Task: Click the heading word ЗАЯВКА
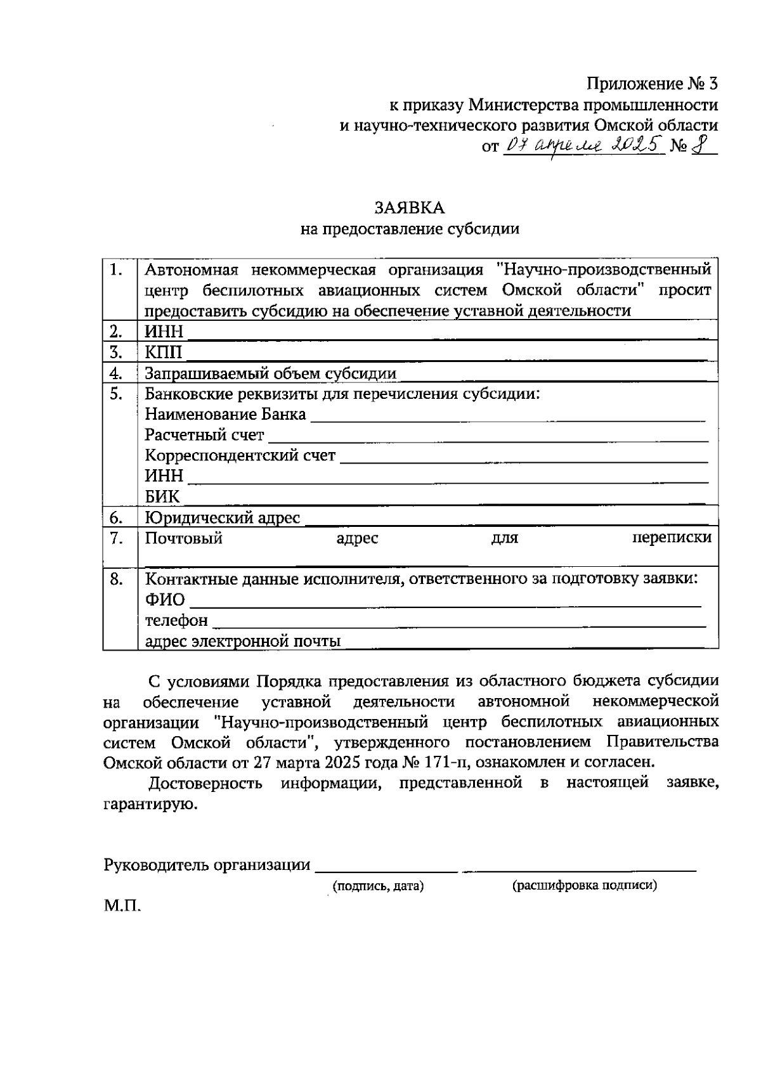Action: click(x=409, y=209)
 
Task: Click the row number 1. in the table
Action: click(x=115, y=270)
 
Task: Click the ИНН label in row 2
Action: click(x=164, y=332)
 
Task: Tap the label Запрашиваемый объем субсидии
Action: click(x=270, y=373)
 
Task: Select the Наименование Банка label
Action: click(x=225, y=415)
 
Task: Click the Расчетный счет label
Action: click(x=204, y=436)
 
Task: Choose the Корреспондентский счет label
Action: click(x=240, y=456)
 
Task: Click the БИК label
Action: click(x=162, y=496)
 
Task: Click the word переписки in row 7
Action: click(x=672, y=538)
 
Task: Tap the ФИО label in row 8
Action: click(x=165, y=600)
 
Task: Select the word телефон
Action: click(x=176, y=620)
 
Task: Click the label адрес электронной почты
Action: click(x=243, y=641)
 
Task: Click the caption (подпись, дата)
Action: click(x=378, y=886)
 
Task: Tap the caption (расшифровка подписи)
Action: click(x=584, y=886)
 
